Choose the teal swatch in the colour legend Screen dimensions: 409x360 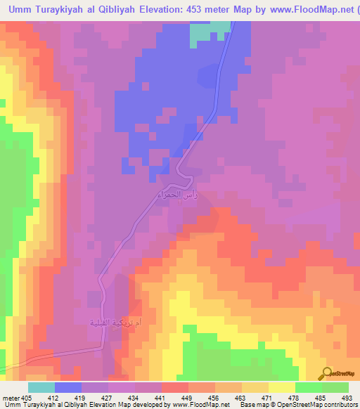[x=41, y=387]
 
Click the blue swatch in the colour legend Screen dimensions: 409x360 [x=68, y=387]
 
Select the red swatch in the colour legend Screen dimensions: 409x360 [x=175, y=387]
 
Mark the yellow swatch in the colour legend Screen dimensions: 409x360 [x=281, y=387]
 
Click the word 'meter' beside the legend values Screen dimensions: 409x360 [x=10, y=397]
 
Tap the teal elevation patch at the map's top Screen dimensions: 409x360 [x=210, y=32]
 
